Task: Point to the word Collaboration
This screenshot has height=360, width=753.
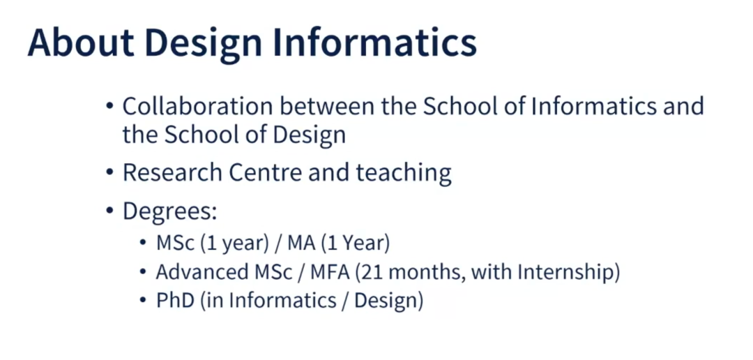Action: (x=197, y=107)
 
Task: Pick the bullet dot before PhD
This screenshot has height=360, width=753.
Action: (x=143, y=301)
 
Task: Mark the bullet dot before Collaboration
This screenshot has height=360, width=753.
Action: (x=109, y=107)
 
